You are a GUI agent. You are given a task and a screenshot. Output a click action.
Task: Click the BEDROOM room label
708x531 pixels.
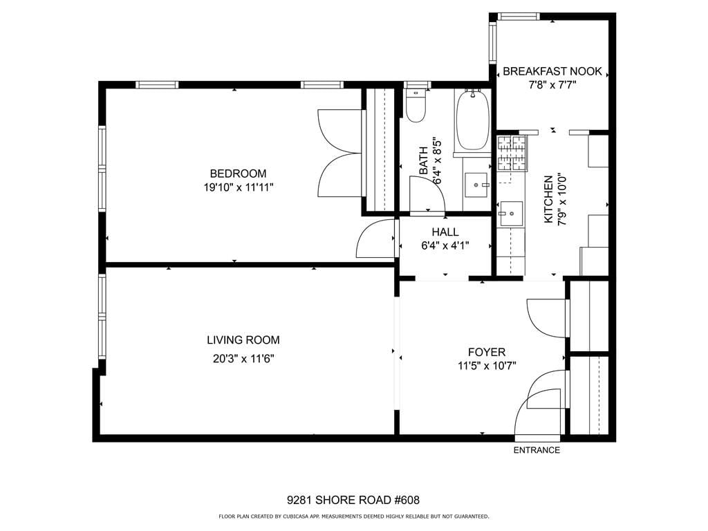click(238, 174)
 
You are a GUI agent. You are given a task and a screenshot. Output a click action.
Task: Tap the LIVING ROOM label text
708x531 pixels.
click(243, 340)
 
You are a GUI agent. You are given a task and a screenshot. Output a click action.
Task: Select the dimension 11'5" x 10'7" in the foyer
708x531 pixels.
click(487, 366)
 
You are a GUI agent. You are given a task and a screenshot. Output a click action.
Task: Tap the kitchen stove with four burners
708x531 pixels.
click(512, 153)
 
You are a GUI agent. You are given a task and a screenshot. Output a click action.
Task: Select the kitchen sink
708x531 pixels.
click(511, 214)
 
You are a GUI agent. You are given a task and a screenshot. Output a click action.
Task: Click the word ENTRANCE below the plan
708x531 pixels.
click(537, 450)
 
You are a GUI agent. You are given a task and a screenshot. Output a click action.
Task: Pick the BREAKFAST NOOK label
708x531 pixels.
click(552, 71)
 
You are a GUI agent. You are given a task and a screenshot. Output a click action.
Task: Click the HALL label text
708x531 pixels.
click(445, 232)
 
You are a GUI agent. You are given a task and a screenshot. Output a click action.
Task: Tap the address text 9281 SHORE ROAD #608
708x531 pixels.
click(353, 500)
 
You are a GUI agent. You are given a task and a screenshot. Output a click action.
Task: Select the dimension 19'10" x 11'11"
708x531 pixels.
click(238, 187)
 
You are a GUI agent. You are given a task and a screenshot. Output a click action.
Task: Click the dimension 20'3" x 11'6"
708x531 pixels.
click(243, 358)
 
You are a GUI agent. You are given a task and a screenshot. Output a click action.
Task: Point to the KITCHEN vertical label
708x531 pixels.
click(548, 199)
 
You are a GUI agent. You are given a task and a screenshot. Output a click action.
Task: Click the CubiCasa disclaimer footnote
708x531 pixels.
click(353, 516)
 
